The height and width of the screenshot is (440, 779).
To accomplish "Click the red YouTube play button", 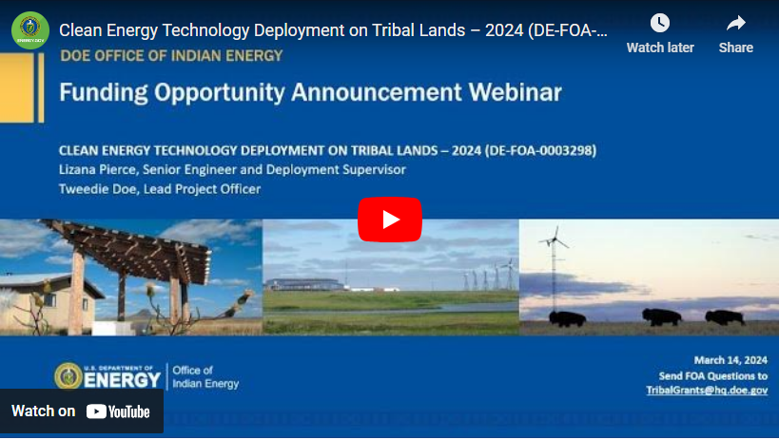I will pos(390,220).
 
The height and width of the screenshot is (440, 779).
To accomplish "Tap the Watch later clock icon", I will pos(659,24).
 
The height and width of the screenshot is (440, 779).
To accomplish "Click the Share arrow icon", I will pos(735,24).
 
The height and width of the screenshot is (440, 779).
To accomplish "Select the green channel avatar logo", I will pos(30,29).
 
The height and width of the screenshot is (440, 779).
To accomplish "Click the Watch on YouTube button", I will pos(81,411).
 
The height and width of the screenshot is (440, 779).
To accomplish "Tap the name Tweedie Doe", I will pos(100,188).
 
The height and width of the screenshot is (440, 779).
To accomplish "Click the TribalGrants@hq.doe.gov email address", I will pos(707,391).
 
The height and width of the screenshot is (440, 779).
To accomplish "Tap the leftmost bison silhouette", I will pos(566,317).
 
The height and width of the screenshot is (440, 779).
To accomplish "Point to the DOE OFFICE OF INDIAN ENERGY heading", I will pos(171,55).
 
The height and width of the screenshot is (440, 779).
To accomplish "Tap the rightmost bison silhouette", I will pos(725,316).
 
